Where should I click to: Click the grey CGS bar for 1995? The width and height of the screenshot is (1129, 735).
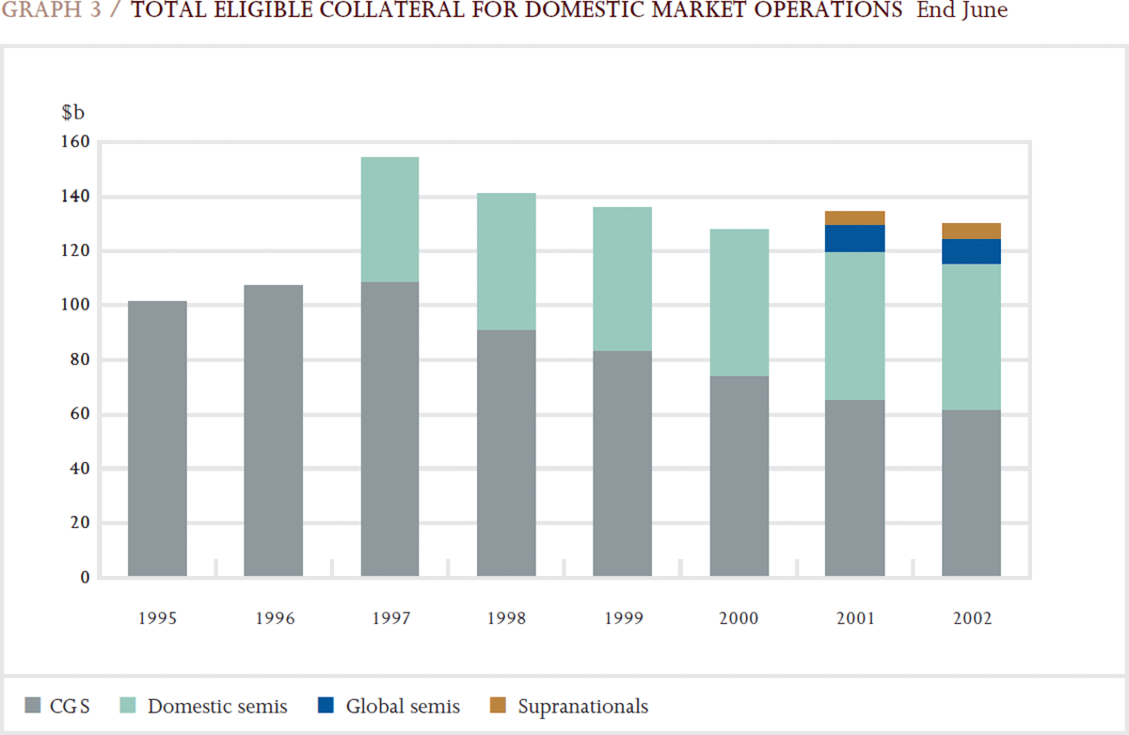click(x=157, y=439)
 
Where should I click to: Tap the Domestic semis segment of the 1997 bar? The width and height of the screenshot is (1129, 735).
click(x=390, y=219)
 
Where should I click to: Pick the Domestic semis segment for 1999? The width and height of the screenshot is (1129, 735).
click(x=622, y=279)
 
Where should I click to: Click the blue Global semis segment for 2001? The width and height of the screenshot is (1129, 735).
click(x=854, y=238)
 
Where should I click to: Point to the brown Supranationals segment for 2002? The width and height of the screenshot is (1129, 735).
click(x=971, y=231)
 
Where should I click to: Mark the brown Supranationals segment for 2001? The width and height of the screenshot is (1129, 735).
click(x=854, y=217)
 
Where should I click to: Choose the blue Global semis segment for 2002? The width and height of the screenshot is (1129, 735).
click(x=971, y=251)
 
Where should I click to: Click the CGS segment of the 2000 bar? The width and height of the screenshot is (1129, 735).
click(x=739, y=476)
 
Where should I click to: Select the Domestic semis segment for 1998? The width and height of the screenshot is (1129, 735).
click(x=506, y=262)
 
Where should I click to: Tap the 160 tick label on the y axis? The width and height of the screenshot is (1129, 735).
click(x=75, y=142)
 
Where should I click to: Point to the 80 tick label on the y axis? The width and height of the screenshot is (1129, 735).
click(x=79, y=360)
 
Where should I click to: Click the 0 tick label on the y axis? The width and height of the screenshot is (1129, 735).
click(x=84, y=577)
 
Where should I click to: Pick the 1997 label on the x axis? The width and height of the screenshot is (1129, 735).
click(x=390, y=619)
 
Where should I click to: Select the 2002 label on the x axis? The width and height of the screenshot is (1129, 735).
click(x=971, y=619)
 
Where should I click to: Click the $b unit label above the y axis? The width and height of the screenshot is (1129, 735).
click(x=72, y=113)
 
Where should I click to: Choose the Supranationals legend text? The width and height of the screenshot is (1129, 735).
click(x=582, y=706)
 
